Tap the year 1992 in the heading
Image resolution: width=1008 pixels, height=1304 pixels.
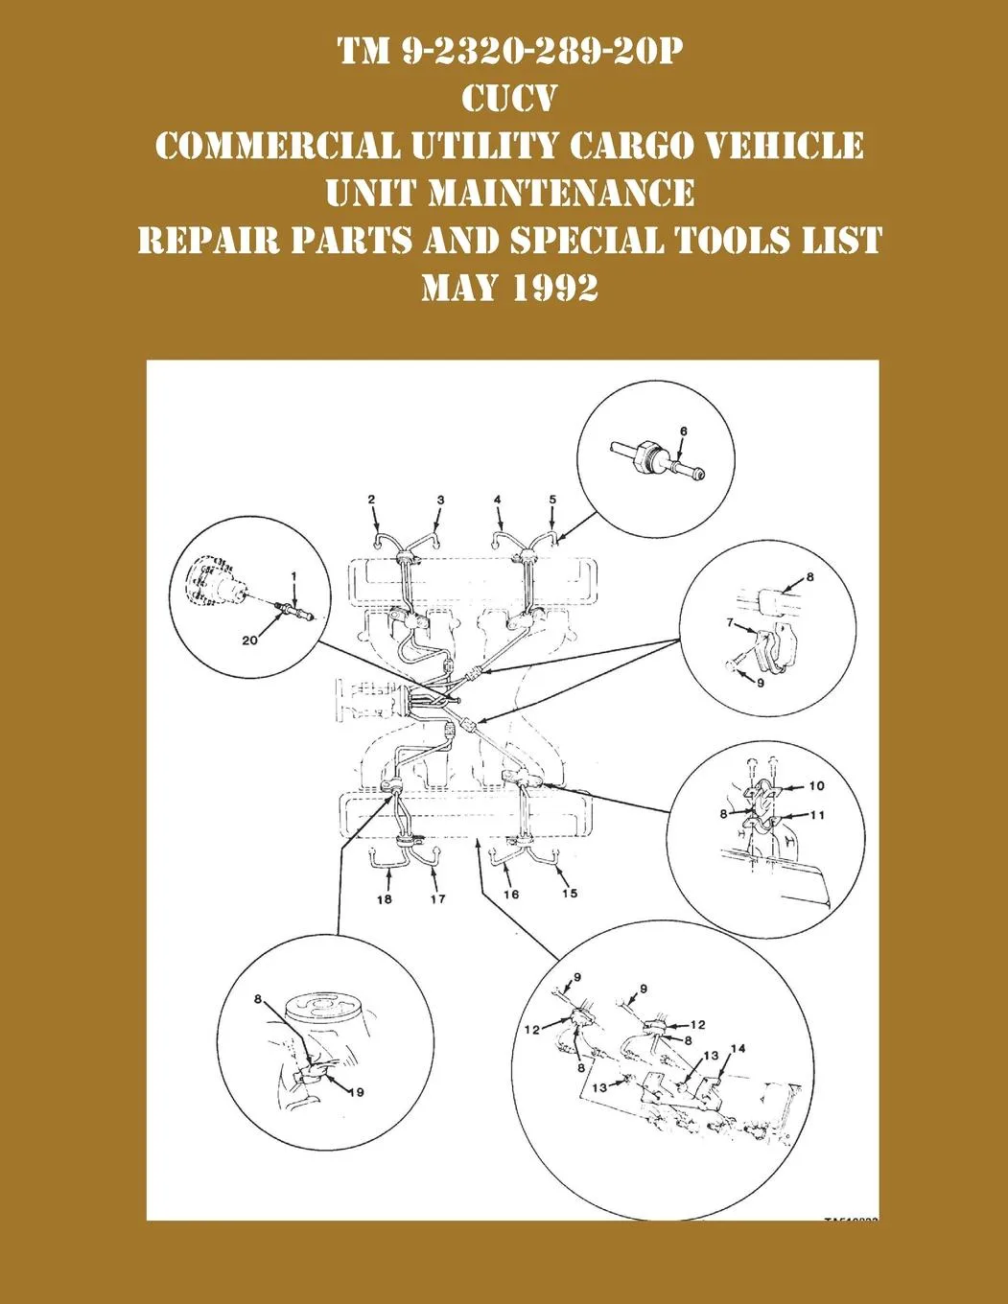(555, 287)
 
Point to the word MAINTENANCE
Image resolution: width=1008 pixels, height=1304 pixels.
(561, 193)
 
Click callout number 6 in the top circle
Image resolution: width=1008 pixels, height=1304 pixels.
(683, 431)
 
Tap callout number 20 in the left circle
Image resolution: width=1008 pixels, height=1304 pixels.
(249, 640)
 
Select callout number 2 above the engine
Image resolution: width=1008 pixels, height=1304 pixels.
(371, 500)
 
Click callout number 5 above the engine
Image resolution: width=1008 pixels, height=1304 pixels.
(552, 500)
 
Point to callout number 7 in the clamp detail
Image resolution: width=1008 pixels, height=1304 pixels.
(731, 623)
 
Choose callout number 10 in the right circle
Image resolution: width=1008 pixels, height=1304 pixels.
(816, 786)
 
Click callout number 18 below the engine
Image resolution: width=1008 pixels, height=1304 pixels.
(384, 899)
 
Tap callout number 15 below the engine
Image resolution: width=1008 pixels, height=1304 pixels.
(570, 894)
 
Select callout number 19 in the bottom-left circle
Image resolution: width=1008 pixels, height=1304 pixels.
(357, 1092)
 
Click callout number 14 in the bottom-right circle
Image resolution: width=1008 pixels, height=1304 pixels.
(738, 1049)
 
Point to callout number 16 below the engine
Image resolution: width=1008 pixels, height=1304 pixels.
(511, 895)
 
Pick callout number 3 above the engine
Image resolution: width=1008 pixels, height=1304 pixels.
(441, 500)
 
